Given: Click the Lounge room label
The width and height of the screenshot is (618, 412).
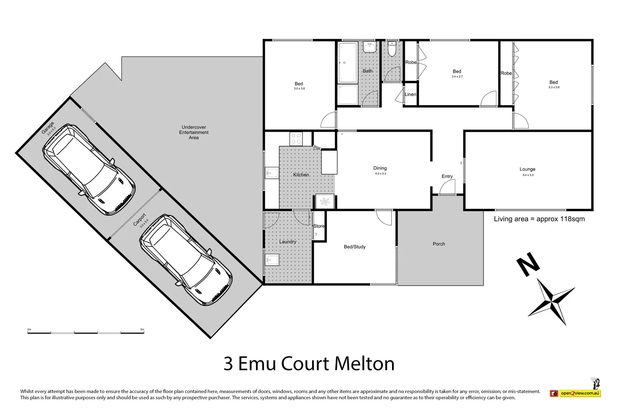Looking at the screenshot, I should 527,169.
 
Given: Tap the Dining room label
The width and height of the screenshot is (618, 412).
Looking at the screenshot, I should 380,168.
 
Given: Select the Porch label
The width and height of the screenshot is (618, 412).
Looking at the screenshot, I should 439,244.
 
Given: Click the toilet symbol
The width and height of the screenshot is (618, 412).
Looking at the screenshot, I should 392,50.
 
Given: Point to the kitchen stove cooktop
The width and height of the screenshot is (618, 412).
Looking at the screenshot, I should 296,139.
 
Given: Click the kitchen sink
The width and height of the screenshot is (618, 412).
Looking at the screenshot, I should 272,173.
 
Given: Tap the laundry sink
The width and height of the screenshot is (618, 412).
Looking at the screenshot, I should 272,260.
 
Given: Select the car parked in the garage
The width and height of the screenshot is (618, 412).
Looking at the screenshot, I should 89,170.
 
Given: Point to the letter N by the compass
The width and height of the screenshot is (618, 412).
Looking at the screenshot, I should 528,264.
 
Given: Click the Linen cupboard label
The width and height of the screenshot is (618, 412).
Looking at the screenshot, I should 410,95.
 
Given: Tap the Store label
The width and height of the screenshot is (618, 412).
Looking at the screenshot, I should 319,226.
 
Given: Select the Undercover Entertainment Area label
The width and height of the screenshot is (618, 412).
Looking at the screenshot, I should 194,132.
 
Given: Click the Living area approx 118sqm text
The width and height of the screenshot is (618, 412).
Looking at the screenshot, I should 539,219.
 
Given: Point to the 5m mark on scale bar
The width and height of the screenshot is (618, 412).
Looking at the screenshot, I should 142,330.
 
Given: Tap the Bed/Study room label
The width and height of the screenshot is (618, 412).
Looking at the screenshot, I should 354,247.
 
